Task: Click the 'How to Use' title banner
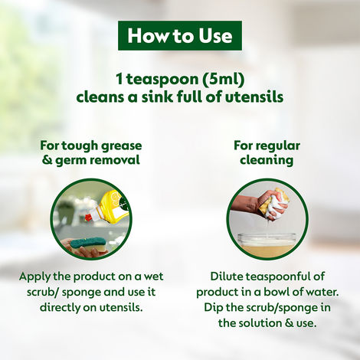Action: tap(180, 35)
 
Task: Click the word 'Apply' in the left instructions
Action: tap(37, 277)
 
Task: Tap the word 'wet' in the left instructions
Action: tap(152, 277)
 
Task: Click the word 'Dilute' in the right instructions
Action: tap(227, 277)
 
